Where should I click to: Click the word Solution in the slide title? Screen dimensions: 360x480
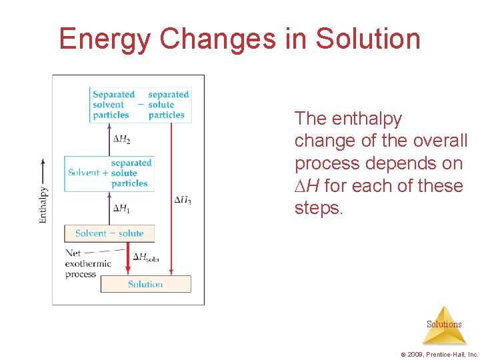[x=368, y=39]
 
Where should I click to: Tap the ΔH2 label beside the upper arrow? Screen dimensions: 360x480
[x=121, y=139]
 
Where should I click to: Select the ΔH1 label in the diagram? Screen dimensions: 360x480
[x=121, y=209]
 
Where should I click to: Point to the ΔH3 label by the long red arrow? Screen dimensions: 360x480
[x=183, y=200]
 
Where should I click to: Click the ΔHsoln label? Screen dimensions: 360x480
[x=146, y=257]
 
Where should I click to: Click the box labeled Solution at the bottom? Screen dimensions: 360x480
[x=145, y=284]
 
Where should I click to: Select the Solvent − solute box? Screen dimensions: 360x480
[x=109, y=233]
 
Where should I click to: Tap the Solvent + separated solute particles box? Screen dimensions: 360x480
[x=109, y=173]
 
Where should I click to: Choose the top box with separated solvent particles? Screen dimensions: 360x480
[x=141, y=105]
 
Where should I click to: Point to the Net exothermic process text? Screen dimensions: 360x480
[x=87, y=264]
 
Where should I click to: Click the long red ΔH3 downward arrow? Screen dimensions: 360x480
[x=171, y=200]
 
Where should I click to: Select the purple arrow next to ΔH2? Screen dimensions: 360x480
[x=109, y=139]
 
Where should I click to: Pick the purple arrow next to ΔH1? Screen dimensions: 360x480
[x=109, y=208]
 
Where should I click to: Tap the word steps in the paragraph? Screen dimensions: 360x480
[x=317, y=208]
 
